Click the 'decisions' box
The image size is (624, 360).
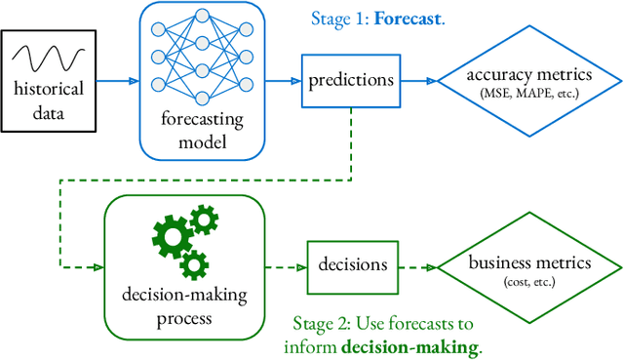coord(353,264)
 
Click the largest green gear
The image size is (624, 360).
coord(172,236)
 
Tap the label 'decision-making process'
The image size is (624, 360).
coord(184,304)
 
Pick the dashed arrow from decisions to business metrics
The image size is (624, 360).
coord(417,265)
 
